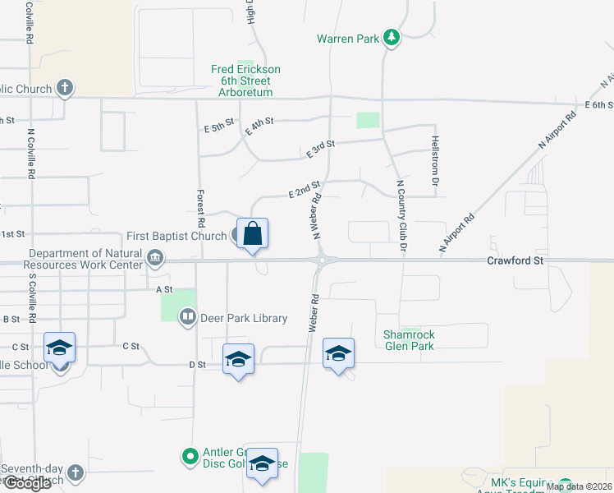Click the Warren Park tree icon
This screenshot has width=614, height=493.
(392, 38)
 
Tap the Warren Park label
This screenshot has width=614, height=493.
(349, 39)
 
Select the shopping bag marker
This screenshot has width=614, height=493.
(253, 233)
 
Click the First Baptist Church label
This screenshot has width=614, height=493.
(176, 237)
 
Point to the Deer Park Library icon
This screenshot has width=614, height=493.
(188, 317)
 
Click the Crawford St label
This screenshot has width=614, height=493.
(515, 260)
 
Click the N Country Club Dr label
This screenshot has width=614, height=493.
(401, 215)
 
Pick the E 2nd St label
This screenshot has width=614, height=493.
(304, 191)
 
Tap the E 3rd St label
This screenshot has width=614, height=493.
(321, 149)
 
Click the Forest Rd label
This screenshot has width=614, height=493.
(200, 208)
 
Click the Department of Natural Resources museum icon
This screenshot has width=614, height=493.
(154, 260)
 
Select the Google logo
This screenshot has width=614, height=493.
(26, 483)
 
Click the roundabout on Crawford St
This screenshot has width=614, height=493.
(323, 260)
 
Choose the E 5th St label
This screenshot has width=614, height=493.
(218, 128)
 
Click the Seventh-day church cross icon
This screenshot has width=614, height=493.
(75, 473)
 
